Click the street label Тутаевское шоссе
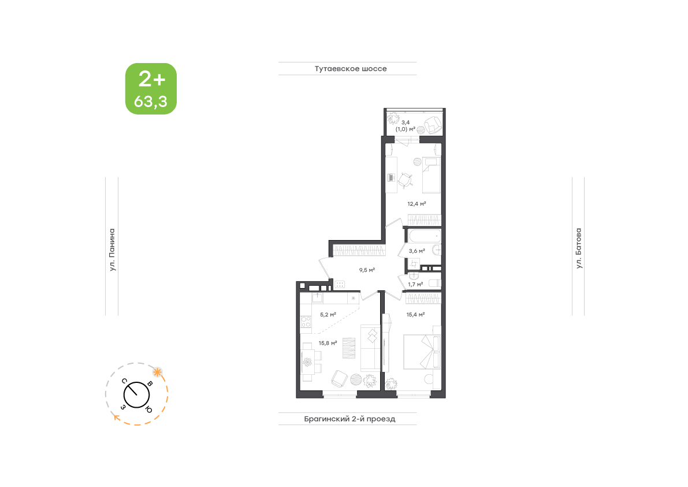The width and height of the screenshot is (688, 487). tap(351, 68)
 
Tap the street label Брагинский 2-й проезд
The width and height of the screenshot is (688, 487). tap(349, 419)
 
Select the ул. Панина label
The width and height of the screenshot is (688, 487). tap(112, 249)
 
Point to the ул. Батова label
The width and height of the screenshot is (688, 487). tap(579, 248)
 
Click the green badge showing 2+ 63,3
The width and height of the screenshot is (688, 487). tap(151, 88)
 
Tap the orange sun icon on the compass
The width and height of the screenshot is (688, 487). tap(157, 372)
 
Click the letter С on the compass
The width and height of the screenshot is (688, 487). tap(125, 381)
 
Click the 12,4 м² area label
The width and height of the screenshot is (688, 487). tap(416, 204)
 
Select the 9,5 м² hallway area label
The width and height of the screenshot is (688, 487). tap(367, 270)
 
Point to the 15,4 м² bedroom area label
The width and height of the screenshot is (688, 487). tap(415, 315)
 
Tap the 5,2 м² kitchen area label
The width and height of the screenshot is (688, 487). tap(328, 315)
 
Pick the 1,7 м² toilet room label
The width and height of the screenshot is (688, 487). tap(415, 284)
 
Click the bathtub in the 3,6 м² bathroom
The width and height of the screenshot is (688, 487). tap(425, 237)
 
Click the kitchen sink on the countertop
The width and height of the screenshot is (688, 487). tap(317, 298)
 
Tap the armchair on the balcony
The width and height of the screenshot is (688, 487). tap(432, 125)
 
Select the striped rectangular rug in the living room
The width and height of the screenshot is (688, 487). tap(349, 348)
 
